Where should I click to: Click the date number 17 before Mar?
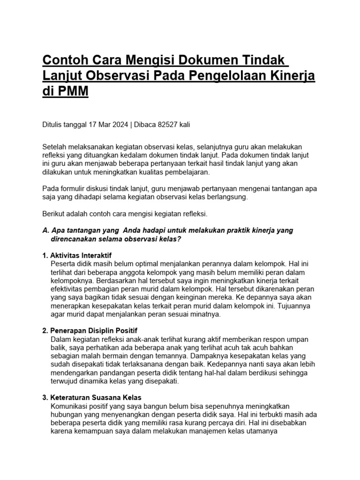pos(91,125)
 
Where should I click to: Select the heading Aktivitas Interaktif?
pos(81,255)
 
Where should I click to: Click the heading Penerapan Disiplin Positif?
pos(93,330)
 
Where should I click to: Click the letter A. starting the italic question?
pos(46,231)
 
